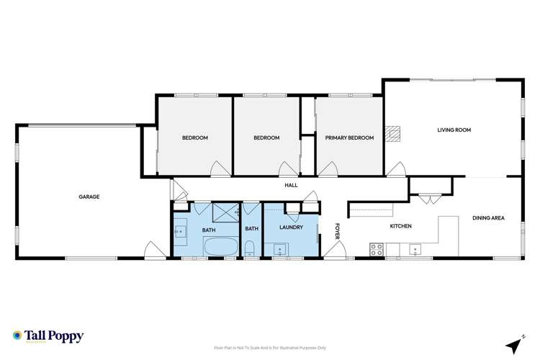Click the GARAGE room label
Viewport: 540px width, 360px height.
tap(89, 197)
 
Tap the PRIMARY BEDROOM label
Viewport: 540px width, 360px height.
tap(349, 138)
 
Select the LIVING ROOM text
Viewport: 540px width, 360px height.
tap(454, 130)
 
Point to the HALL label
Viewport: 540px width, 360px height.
tap(291, 186)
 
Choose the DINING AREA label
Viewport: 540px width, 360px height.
tap(487, 218)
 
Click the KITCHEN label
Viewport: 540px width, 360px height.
tap(400, 226)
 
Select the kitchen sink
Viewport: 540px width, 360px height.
tap(416, 249)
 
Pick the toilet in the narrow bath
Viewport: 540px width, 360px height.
tap(249, 249)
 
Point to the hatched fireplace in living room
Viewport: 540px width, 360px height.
tap(392, 134)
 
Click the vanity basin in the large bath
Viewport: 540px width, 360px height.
tap(179, 231)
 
